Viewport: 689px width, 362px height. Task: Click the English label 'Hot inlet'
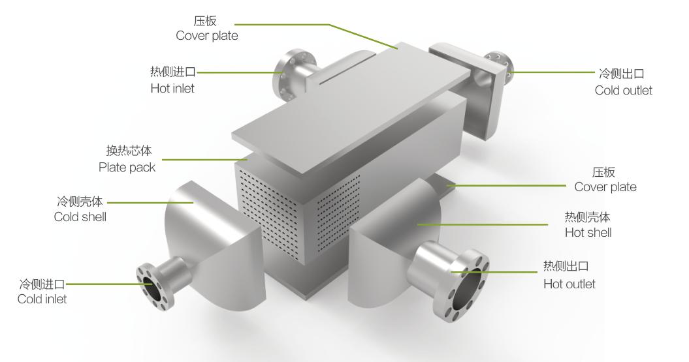[x=172, y=88]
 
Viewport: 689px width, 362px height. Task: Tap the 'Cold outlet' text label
[x=623, y=91]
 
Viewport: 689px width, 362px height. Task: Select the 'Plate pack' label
[x=127, y=168]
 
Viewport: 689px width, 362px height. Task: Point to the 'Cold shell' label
[x=80, y=217]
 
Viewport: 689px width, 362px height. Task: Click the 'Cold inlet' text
[x=42, y=299]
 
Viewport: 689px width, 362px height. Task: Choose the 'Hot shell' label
[x=588, y=232]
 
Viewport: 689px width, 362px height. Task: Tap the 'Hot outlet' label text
[x=569, y=284]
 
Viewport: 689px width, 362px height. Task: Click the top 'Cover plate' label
[x=207, y=36]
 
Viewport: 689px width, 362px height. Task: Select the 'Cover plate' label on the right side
[x=605, y=187]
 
